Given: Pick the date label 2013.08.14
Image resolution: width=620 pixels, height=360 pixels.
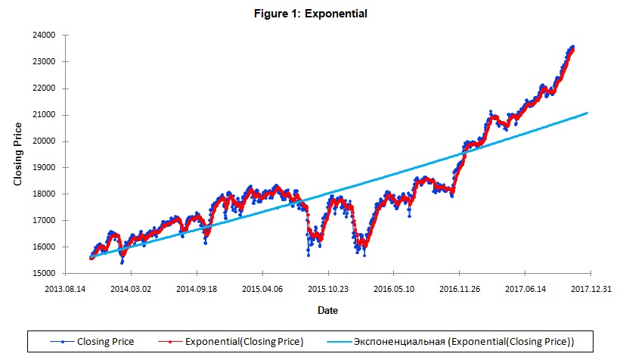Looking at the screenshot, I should pyautogui.click(x=65, y=288).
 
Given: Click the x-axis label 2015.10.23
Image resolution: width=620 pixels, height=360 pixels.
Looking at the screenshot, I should pyautogui.click(x=327, y=288).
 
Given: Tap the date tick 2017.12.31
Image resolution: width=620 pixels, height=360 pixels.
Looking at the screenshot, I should pyautogui.click(x=590, y=288).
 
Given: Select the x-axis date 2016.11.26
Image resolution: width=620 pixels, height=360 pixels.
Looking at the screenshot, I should pyautogui.click(x=459, y=288).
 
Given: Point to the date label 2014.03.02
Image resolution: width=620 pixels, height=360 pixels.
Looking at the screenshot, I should pyautogui.click(x=131, y=288).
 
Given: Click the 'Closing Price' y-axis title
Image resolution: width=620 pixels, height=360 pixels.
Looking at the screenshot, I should pyautogui.click(x=18, y=154).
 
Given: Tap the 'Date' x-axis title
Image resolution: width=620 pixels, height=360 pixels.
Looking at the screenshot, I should pyautogui.click(x=327, y=310).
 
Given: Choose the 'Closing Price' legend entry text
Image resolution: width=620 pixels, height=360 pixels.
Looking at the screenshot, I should pyautogui.click(x=105, y=342).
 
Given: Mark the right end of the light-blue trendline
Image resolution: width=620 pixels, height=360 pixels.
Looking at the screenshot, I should pyautogui.click(x=587, y=113).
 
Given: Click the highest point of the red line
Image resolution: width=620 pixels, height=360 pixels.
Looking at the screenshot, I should pyautogui.click(x=572, y=49).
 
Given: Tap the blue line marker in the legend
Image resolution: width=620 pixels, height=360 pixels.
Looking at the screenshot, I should pyautogui.click(x=61, y=342).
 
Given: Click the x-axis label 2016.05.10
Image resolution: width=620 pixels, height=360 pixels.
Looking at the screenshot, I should pyautogui.click(x=393, y=288).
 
